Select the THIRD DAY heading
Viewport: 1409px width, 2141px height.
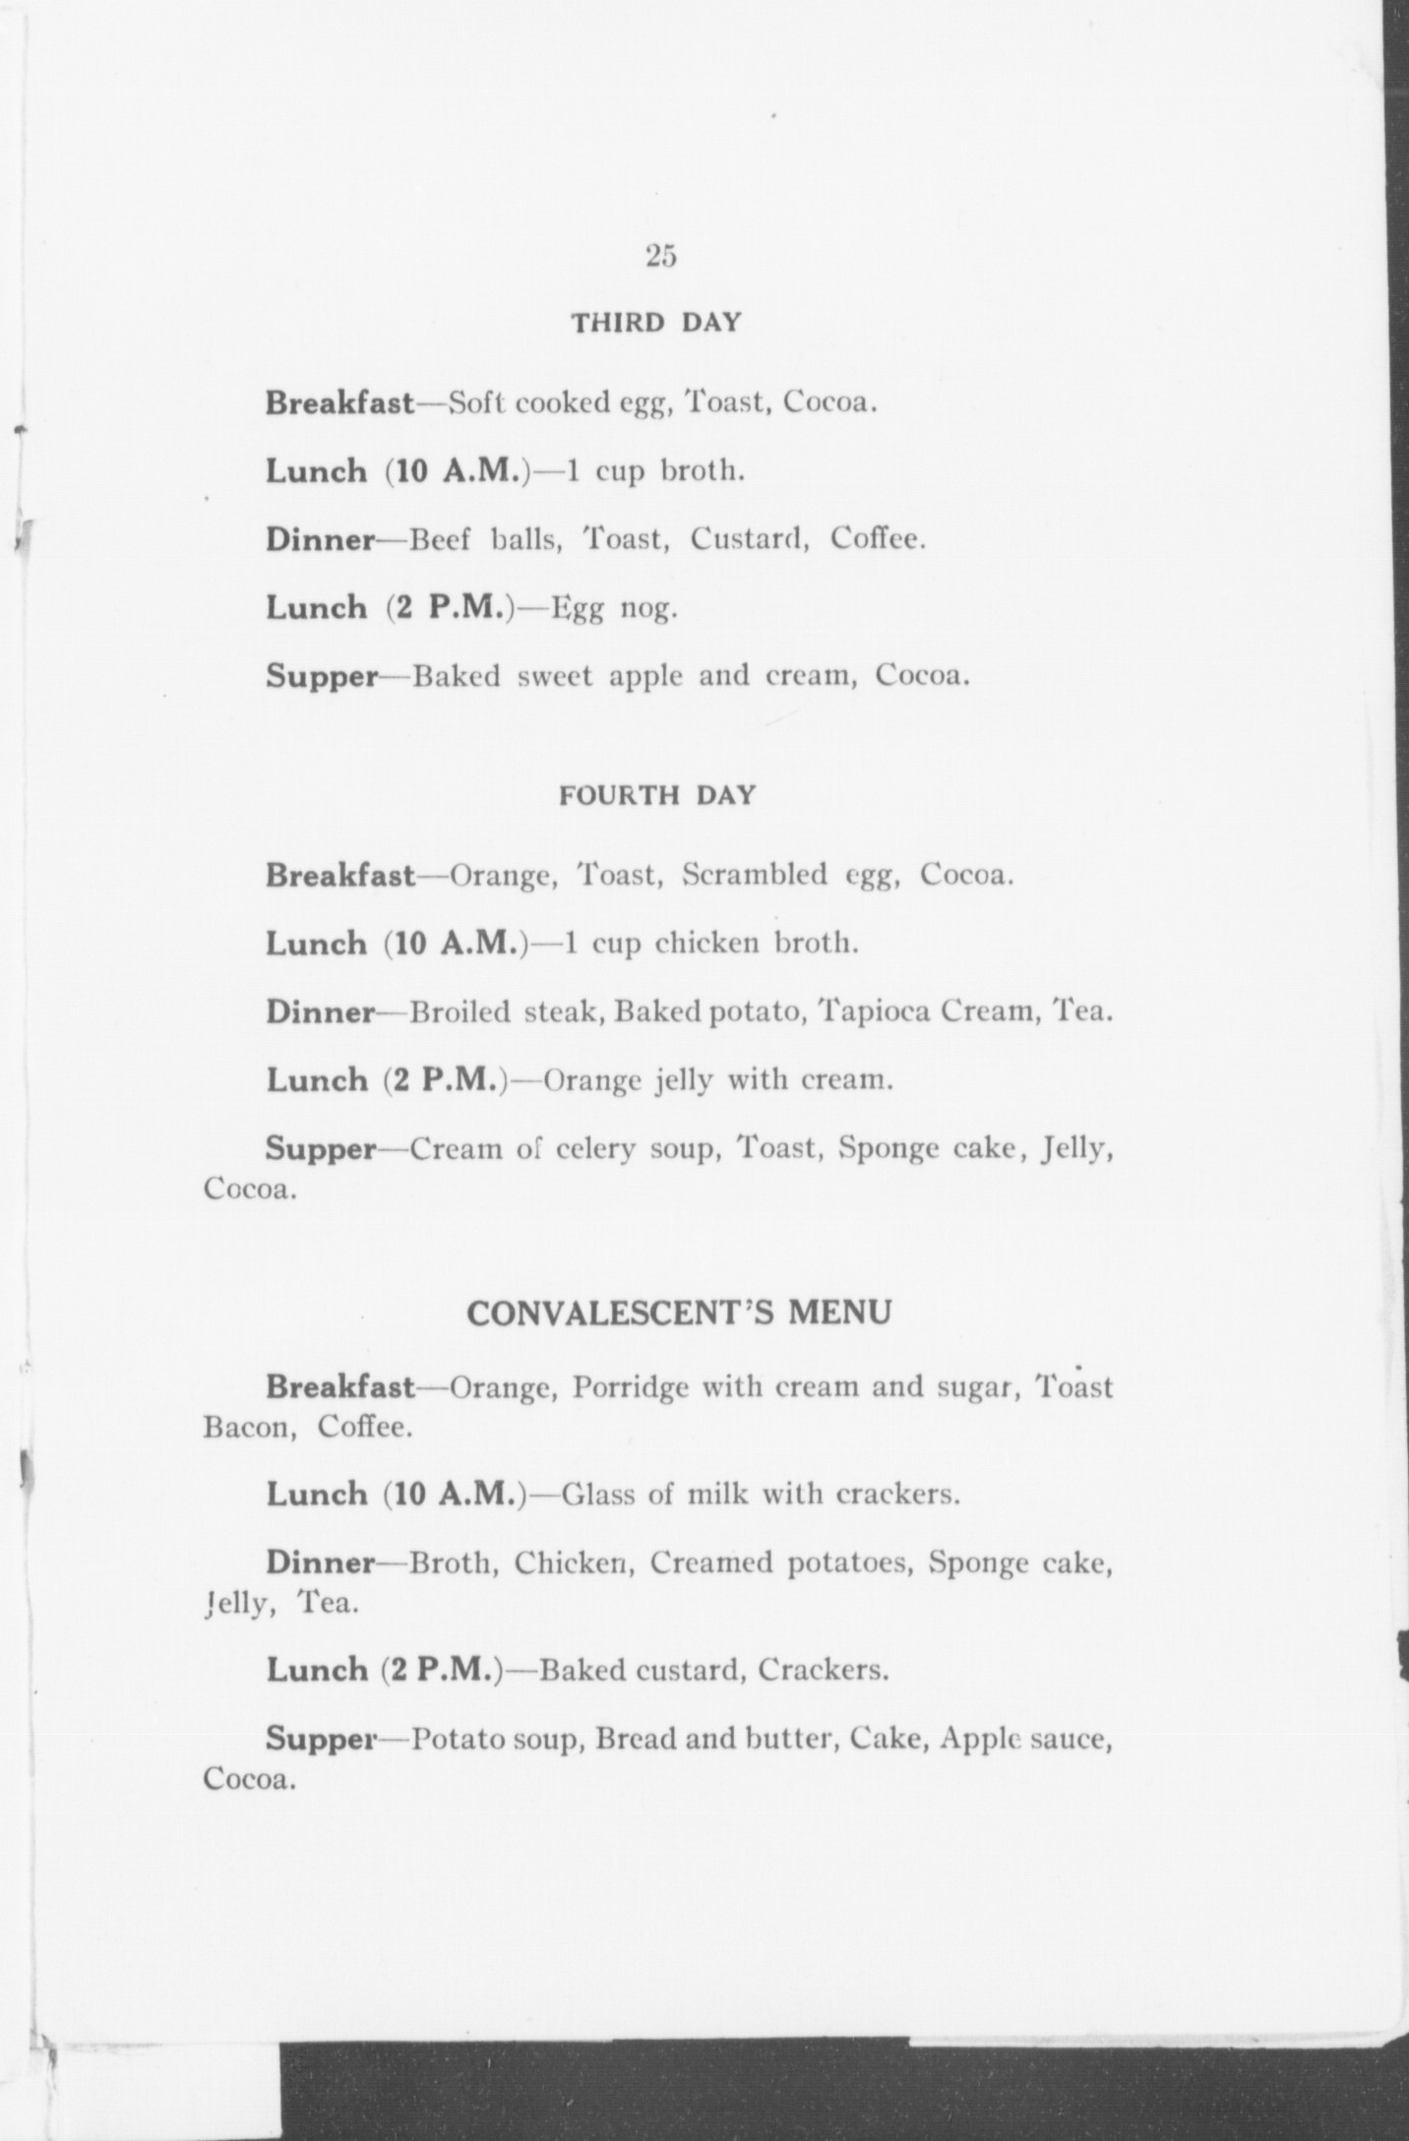(656, 323)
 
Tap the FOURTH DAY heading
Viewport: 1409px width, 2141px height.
(657, 795)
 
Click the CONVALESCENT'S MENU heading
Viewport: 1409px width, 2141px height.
(679, 1313)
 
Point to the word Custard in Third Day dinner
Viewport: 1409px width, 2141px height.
(747, 539)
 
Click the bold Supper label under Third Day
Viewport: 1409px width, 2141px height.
(322, 678)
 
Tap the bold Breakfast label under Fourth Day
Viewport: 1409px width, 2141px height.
(340, 875)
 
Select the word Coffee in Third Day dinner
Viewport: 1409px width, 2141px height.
(876, 539)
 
